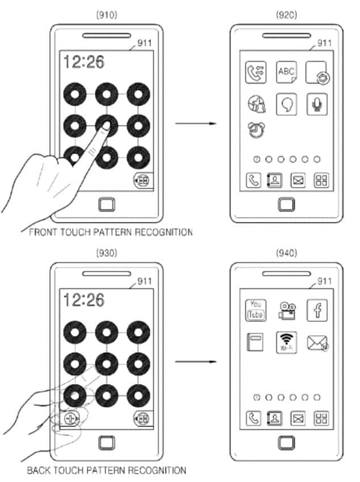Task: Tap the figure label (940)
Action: (287, 253)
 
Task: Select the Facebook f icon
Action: (317, 310)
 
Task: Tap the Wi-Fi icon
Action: (287, 342)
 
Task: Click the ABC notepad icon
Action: (287, 72)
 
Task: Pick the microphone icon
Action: (317, 103)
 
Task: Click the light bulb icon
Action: (287, 104)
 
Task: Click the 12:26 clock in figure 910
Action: (84, 62)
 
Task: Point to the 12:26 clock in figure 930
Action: (84, 299)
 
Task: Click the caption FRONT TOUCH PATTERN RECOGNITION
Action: (110, 232)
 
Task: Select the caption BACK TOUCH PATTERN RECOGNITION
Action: (107, 470)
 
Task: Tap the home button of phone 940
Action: (287, 442)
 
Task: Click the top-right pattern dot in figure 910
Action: (138, 93)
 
